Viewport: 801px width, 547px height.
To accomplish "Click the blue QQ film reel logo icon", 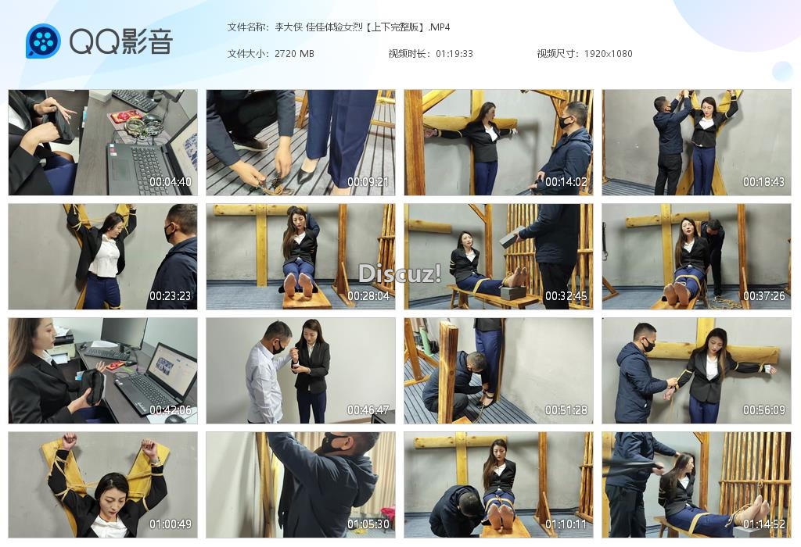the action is coord(43,41).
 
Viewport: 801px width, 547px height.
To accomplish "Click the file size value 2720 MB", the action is coord(294,54).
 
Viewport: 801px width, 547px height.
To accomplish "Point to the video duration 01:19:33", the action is coord(454,54).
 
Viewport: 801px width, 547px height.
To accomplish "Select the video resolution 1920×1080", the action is coord(608,54).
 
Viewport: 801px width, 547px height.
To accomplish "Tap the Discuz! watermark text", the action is coord(400,273).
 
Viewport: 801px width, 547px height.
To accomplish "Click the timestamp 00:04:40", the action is coord(170,181).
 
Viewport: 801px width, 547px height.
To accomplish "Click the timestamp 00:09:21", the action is coord(368,181).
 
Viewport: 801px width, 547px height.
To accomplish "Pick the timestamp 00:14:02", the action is coord(566,181).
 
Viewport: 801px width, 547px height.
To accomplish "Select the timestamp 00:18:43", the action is coord(763,181).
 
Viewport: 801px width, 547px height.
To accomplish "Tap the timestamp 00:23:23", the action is coord(170,296).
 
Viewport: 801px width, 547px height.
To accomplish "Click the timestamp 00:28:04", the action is coord(368,296).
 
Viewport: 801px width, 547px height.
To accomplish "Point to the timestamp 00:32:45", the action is coord(566,296).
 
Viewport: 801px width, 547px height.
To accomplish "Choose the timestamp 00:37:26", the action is coord(763,296).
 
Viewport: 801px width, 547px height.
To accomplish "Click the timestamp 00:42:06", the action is coord(170,409).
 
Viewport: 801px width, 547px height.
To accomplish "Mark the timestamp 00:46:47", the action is coord(368,409).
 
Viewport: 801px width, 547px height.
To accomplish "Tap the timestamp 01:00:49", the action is coord(170,524).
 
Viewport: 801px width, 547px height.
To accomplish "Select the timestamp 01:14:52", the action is coord(763,524).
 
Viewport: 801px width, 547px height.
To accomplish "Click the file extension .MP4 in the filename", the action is coord(439,27).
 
